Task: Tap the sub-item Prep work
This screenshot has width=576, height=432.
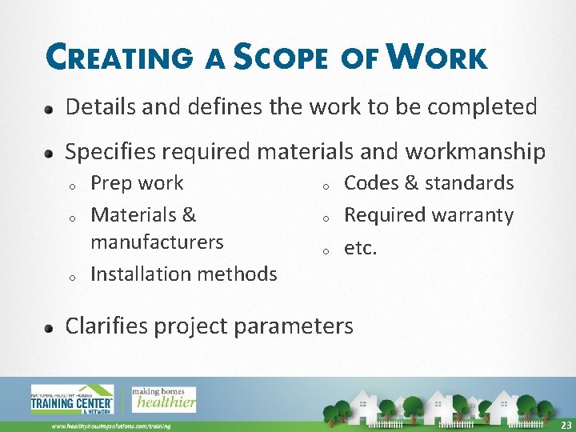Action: (x=137, y=183)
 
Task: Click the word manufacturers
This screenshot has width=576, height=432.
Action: (x=157, y=242)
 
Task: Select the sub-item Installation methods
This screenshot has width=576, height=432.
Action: (x=184, y=274)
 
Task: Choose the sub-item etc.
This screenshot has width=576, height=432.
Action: (x=360, y=248)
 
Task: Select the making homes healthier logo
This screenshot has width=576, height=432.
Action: (x=164, y=398)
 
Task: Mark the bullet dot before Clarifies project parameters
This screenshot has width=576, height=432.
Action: (x=50, y=327)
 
